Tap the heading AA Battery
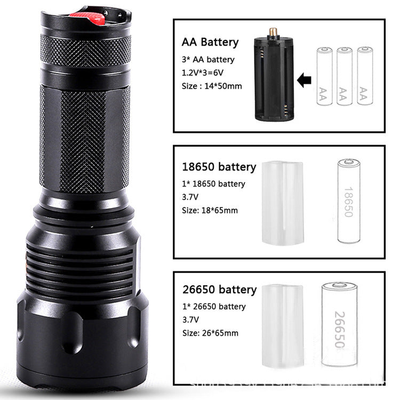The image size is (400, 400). click(210, 42)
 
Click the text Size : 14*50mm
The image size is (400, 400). click(212, 85)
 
